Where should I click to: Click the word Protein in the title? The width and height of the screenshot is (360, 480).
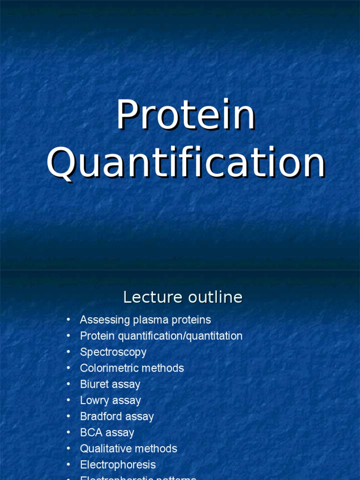tap(186, 115)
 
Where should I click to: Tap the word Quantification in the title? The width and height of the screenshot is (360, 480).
tap(186, 164)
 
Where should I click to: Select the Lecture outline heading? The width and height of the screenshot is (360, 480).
tap(182, 297)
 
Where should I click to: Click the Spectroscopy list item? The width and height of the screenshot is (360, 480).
tap(113, 352)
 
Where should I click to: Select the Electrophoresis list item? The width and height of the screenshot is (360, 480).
tap(118, 465)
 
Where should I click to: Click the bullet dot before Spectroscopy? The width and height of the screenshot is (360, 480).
tap(68, 352)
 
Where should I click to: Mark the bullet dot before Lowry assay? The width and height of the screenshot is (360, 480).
tap(68, 400)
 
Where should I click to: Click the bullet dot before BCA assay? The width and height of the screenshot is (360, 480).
tap(68, 432)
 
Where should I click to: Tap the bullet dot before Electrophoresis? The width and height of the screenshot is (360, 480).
tap(68, 465)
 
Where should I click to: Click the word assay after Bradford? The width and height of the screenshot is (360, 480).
tap(139, 416)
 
